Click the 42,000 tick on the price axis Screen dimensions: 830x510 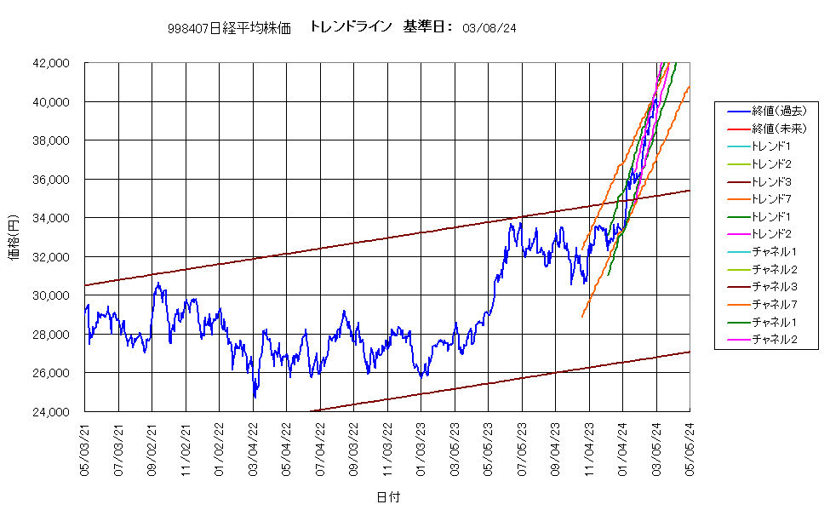pyautogui.click(x=51, y=63)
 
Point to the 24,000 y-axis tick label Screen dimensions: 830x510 pyautogui.click(x=51, y=412)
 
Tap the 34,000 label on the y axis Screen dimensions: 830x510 pyautogui.click(x=51, y=218)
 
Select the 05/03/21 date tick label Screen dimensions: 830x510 pyautogui.click(x=84, y=449)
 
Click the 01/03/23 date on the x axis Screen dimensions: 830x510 pyautogui.click(x=421, y=449)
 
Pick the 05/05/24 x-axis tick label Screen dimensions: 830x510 pyautogui.click(x=690, y=449)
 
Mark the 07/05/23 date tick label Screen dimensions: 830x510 pyautogui.click(x=522, y=449)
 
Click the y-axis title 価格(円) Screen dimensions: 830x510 pyautogui.click(x=14, y=238)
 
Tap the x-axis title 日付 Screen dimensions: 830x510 pyautogui.click(x=388, y=496)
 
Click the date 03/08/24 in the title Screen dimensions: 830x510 pyautogui.click(x=489, y=29)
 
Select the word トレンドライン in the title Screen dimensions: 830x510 pyautogui.click(x=351, y=26)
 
